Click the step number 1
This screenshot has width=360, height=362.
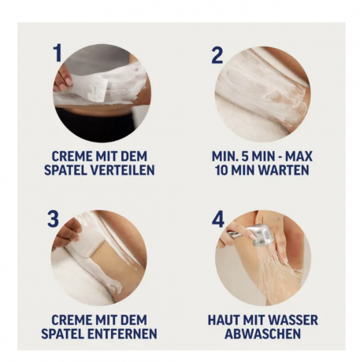coord(57,54)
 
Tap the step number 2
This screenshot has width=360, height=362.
coord(217,54)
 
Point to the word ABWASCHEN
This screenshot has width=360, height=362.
coord(262,334)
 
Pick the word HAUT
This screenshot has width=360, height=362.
coord(225,320)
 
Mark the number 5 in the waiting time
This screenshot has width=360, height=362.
coord(245,157)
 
